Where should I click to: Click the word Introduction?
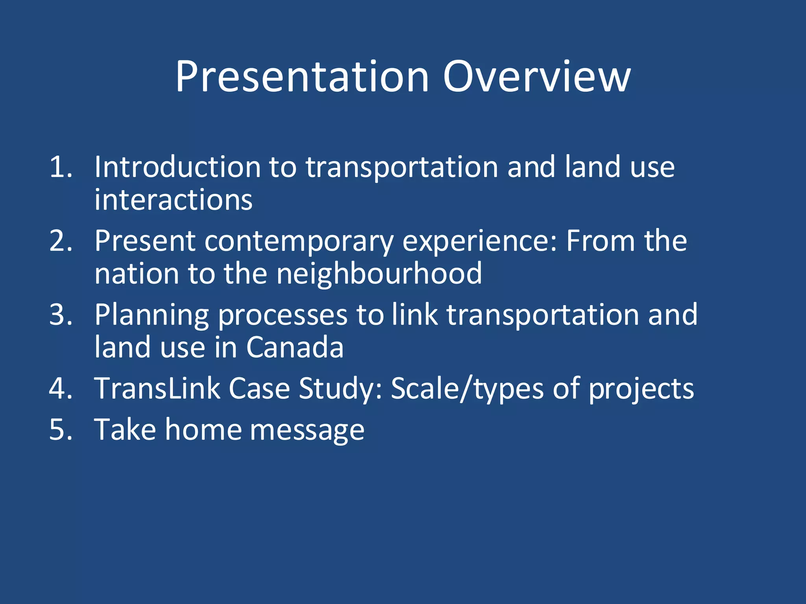[177, 167]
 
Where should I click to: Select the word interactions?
[173, 200]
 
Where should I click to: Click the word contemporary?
[299, 241]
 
